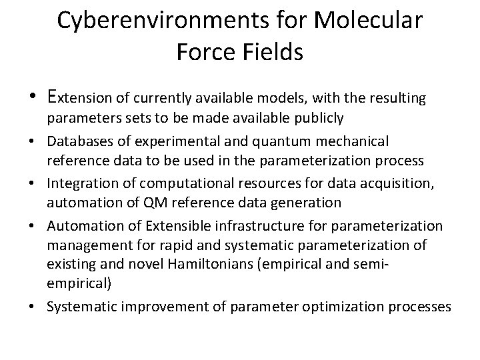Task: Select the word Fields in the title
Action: (273, 51)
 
